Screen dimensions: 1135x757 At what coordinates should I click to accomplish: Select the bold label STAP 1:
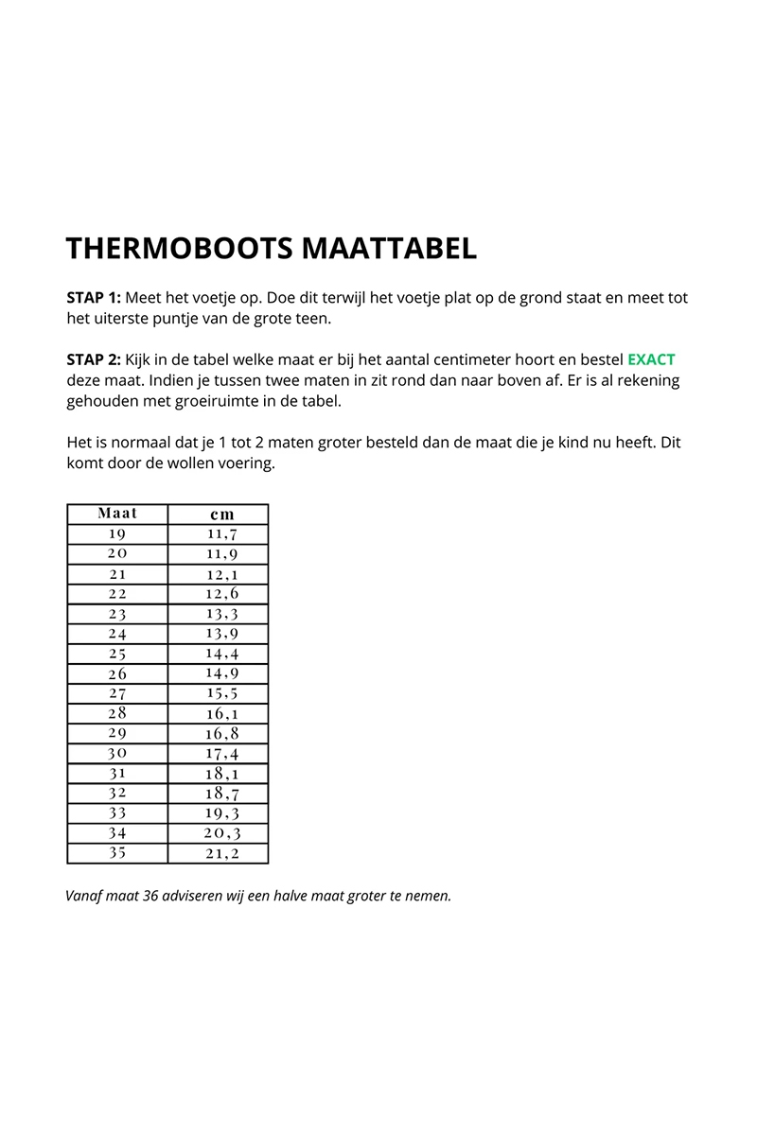94,297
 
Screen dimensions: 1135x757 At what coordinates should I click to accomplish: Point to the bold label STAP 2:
94,359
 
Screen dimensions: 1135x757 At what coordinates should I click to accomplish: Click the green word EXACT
651,359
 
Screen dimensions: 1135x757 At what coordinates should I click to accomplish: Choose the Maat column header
117,514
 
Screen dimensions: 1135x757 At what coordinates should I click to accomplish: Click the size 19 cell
117,534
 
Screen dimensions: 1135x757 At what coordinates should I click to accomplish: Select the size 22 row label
117,594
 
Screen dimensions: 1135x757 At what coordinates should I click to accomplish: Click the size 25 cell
117,654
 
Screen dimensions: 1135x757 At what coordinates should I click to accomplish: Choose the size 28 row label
117,713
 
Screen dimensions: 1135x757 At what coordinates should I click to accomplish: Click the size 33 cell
117,812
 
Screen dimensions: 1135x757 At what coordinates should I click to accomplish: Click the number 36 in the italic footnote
148,896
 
